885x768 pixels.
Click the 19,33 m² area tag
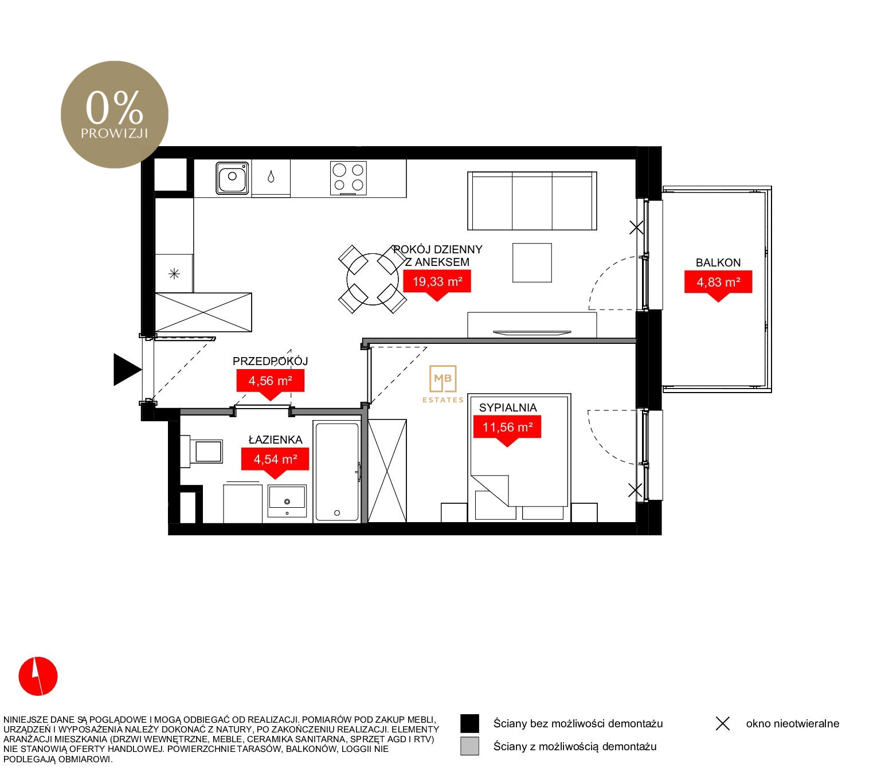(x=436, y=283)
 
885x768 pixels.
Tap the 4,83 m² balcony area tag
(x=718, y=283)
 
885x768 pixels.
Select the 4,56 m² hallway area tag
(x=270, y=382)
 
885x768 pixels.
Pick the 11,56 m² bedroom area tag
(x=507, y=428)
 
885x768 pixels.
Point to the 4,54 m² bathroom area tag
(x=275, y=460)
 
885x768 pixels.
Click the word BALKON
(x=718, y=262)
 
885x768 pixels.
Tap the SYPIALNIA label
(x=508, y=407)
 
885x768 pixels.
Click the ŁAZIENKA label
(x=275, y=440)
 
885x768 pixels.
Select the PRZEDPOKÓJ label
(x=270, y=361)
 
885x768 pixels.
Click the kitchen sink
(x=232, y=178)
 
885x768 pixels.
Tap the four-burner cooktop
(x=348, y=178)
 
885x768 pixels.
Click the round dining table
(x=372, y=279)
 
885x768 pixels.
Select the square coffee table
(x=531, y=262)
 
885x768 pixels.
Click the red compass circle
(x=38, y=676)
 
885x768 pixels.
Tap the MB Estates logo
(x=443, y=384)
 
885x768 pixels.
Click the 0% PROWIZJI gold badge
(x=115, y=115)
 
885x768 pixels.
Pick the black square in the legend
(x=469, y=723)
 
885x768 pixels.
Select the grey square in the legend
(x=469, y=746)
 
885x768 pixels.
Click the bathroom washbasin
(x=287, y=501)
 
